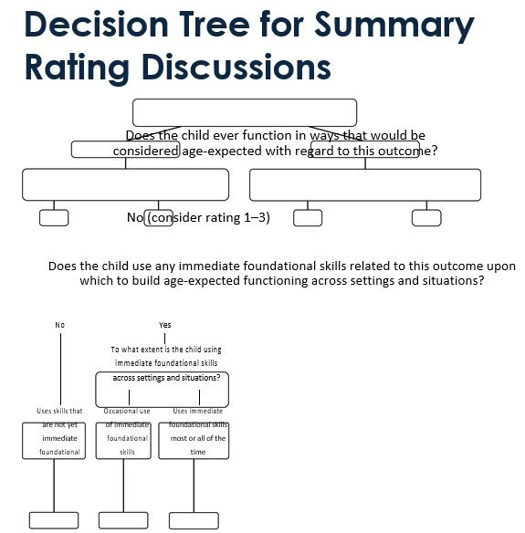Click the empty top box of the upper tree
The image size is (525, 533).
[244, 112]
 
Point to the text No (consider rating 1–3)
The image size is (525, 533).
[198, 217]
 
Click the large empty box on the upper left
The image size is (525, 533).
[125, 184]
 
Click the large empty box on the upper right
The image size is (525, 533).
[364, 184]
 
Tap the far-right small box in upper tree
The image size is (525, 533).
[425, 217]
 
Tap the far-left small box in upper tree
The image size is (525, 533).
[54, 217]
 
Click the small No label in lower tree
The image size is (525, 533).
[60, 325]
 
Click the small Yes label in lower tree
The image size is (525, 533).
[164, 325]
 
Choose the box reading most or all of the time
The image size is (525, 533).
[198, 440]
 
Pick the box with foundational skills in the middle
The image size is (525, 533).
[128, 440]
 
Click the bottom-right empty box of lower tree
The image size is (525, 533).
[193, 520]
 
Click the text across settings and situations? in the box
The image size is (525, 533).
[161, 378]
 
